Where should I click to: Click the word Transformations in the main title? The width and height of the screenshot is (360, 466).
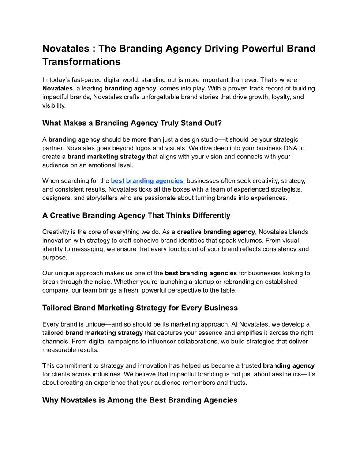coord(81,62)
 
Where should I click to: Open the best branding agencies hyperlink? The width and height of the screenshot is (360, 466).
coord(148,181)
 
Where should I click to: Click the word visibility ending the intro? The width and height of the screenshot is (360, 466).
coord(53,106)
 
